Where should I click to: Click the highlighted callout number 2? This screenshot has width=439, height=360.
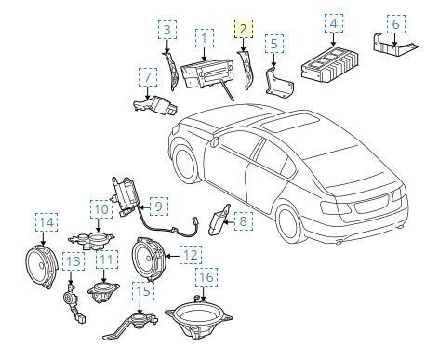[244, 29]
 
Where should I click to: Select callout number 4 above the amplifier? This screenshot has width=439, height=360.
[334, 24]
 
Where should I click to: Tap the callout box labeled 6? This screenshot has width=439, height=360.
[396, 24]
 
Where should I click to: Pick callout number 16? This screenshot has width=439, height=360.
[206, 277]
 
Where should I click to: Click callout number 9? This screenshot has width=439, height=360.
[159, 207]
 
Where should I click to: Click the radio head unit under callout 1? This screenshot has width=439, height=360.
[207, 73]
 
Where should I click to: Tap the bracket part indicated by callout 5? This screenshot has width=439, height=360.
[278, 83]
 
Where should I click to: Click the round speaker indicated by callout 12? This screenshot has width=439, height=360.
[149, 260]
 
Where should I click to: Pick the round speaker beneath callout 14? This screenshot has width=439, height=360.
[42, 266]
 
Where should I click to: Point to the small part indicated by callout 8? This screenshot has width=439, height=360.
[219, 220]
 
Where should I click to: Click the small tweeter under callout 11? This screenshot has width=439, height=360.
[103, 292]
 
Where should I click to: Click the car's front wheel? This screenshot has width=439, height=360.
[184, 165]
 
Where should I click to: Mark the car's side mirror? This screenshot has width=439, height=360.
[214, 142]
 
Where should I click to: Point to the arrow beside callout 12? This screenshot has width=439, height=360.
[173, 256]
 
